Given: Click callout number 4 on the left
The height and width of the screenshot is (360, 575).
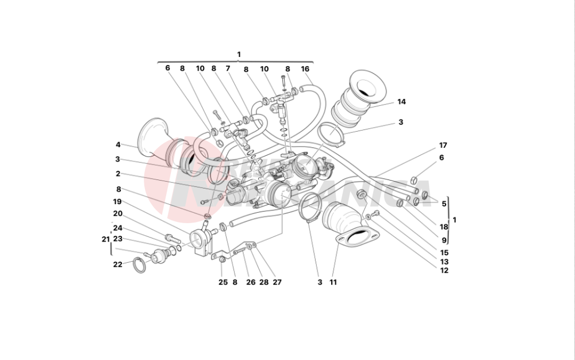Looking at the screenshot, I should pyautogui.click(x=118, y=145).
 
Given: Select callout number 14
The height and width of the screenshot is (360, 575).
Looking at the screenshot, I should pyautogui.click(x=401, y=102).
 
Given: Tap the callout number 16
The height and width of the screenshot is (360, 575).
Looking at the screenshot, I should pyautogui.click(x=305, y=68).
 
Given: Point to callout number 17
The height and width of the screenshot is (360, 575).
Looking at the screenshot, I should pyautogui.click(x=443, y=145).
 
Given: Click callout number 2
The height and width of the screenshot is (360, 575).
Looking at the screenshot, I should pyautogui.click(x=118, y=174).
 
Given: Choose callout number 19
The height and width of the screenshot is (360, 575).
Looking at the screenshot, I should pyautogui.click(x=118, y=202).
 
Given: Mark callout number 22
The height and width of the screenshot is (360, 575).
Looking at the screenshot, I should pyautogui.click(x=118, y=265).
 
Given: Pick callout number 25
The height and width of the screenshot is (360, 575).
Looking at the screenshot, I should pyautogui.click(x=223, y=282).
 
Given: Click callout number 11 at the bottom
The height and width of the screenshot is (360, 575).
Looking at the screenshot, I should pyautogui.click(x=333, y=282).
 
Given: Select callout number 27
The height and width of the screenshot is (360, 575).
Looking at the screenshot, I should pyautogui.click(x=277, y=282).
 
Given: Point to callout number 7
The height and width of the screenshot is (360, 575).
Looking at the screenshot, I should pyautogui.click(x=228, y=68).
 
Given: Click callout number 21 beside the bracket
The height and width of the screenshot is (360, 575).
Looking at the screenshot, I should pyautogui.click(x=105, y=239).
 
